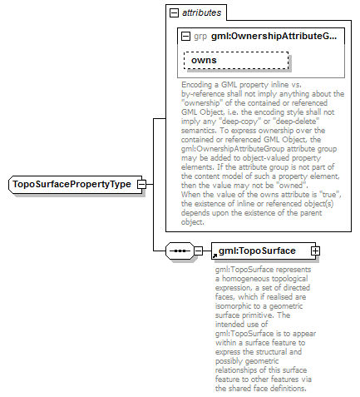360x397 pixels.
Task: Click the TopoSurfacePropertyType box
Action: coord(72,184)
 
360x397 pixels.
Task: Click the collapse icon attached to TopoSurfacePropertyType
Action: coord(141,184)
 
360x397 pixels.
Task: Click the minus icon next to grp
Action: coord(185,37)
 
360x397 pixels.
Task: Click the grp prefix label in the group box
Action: coord(200,37)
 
